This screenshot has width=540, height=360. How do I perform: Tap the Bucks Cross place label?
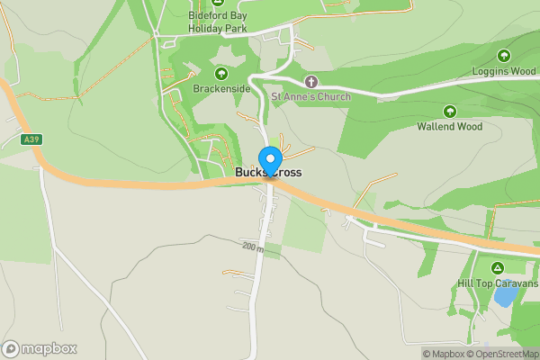tap(269, 172)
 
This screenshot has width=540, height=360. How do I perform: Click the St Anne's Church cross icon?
tap(311, 82)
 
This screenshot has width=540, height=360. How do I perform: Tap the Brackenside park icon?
tap(220, 74)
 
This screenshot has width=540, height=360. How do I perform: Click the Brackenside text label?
tap(220, 89)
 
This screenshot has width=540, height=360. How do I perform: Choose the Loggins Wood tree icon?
tap(504, 55)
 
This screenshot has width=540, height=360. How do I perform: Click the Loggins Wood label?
tap(504, 70)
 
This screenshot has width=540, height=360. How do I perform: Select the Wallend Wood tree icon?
tap(449, 112)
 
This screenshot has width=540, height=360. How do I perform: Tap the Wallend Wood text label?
tap(449, 127)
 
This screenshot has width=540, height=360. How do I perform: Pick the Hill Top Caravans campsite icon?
tap(497, 268)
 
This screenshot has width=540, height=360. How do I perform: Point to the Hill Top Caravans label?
tap(498, 283)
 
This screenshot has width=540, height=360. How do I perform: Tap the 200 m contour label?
tap(252, 245)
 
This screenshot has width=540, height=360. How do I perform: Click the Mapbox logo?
tap(40, 348)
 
